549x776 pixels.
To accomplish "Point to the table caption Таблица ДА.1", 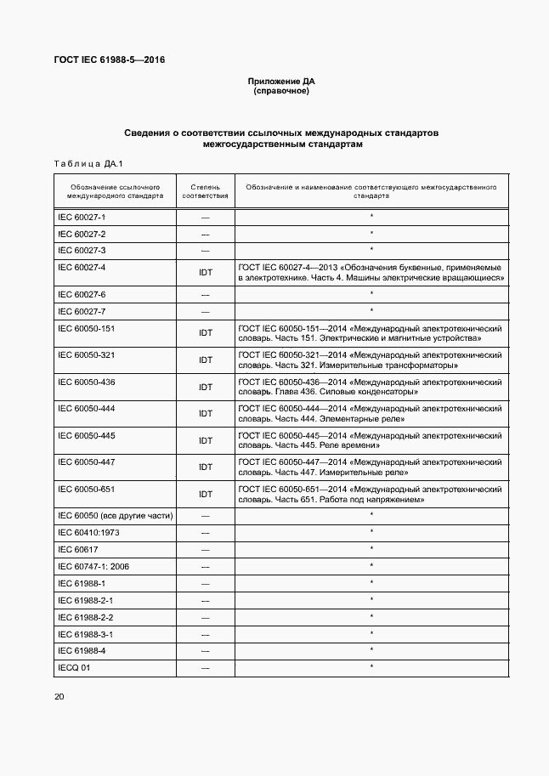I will [89, 163].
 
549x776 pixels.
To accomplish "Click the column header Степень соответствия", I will [205, 190].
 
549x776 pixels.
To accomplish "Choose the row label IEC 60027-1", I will [82, 218].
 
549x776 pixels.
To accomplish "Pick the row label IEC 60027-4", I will [82, 267].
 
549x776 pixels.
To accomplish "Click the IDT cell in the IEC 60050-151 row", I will [205, 334].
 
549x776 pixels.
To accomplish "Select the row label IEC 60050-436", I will [87, 382].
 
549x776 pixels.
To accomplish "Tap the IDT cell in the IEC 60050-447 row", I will [205, 467].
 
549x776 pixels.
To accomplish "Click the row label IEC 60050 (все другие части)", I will [115, 516].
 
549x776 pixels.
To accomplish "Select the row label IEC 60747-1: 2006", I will [93, 566].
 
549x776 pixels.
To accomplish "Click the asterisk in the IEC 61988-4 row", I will [371, 650].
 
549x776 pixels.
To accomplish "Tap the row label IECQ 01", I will [73, 667].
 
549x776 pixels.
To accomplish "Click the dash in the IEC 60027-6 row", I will [205, 294].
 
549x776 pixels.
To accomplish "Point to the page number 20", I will [59, 697].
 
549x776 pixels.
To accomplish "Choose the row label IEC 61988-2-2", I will [86, 617].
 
